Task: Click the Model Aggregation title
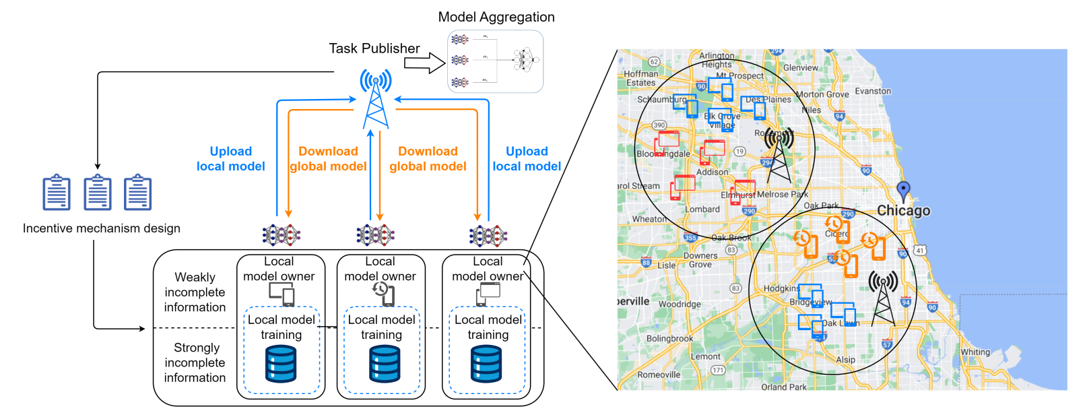click(x=496, y=17)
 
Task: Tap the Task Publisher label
click(x=374, y=49)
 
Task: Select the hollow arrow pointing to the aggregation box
click(x=424, y=63)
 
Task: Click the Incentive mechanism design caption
click(x=102, y=228)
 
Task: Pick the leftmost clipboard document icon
click(x=57, y=193)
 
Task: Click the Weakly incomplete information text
click(x=195, y=292)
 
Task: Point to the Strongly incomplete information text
click(x=195, y=362)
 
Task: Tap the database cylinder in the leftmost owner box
click(x=281, y=364)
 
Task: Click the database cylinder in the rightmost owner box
click(x=486, y=364)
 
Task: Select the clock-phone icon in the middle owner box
click(x=383, y=293)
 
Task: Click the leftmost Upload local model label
click(x=231, y=159)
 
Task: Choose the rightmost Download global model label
click(x=428, y=159)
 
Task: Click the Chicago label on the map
click(x=903, y=211)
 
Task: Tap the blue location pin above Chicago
click(x=904, y=190)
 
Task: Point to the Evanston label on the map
click(x=873, y=91)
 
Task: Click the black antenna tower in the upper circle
click(x=779, y=156)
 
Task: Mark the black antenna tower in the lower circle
click(x=883, y=299)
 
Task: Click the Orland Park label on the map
click(x=784, y=387)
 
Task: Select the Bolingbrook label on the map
click(x=669, y=338)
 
